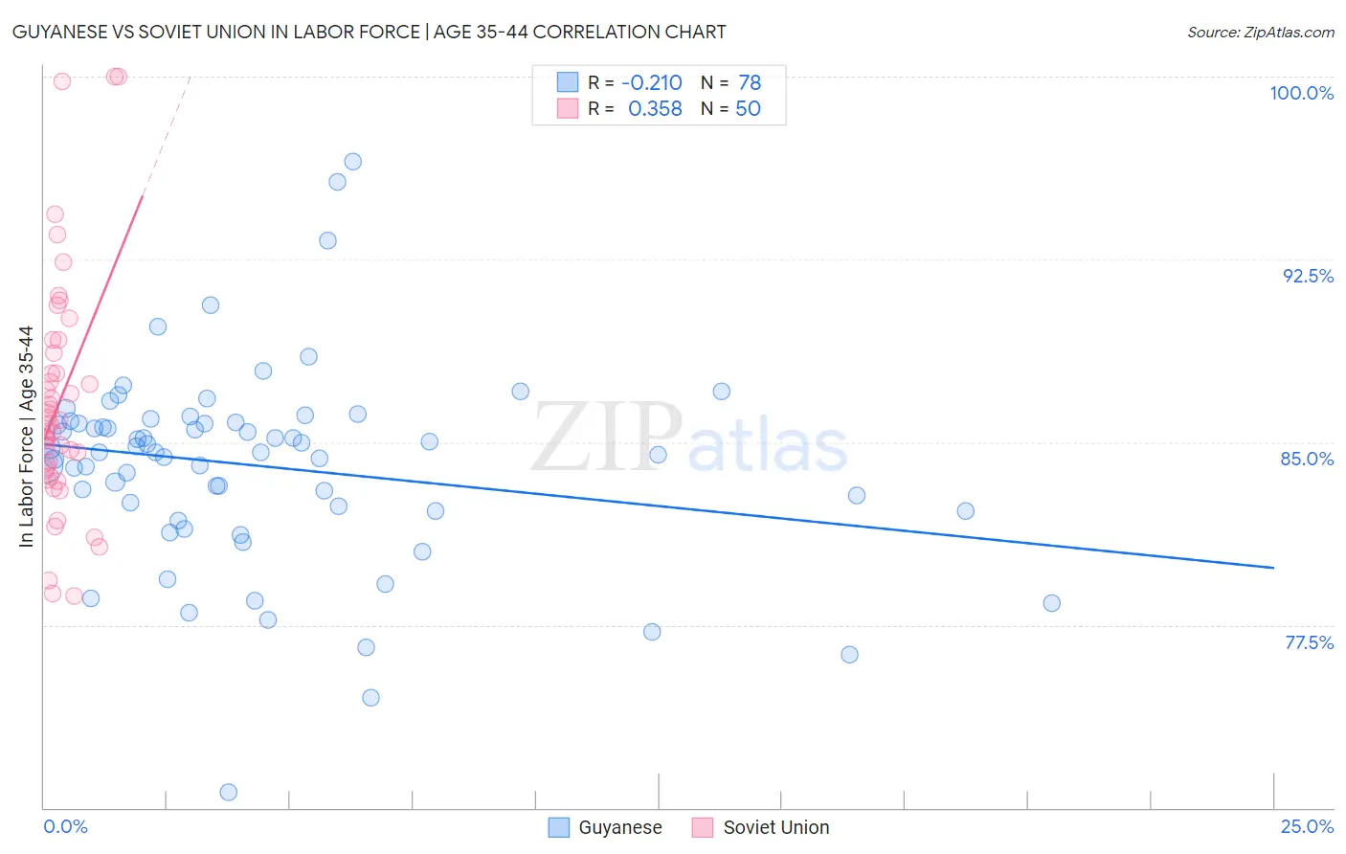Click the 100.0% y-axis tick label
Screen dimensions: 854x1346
click(1301, 93)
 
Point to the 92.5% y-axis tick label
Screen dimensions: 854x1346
click(1308, 276)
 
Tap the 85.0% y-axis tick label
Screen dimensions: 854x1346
click(1307, 459)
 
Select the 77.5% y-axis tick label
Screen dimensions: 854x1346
click(1309, 642)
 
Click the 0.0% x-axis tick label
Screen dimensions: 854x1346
click(65, 826)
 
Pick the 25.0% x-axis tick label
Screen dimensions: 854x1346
click(1307, 826)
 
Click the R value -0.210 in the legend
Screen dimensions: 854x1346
click(652, 83)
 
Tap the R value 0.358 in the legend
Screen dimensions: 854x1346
click(655, 109)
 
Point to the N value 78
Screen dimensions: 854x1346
click(750, 83)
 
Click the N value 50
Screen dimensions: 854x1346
click(748, 109)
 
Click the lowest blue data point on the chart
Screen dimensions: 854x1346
click(229, 792)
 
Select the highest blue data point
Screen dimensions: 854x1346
click(352, 162)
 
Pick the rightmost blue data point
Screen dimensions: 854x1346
click(1051, 603)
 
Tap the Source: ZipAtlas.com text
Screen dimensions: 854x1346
click(1260, 33)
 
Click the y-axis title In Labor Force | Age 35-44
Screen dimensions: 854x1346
click(27, 437)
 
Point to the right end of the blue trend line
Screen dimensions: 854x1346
click(1273, 568)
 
